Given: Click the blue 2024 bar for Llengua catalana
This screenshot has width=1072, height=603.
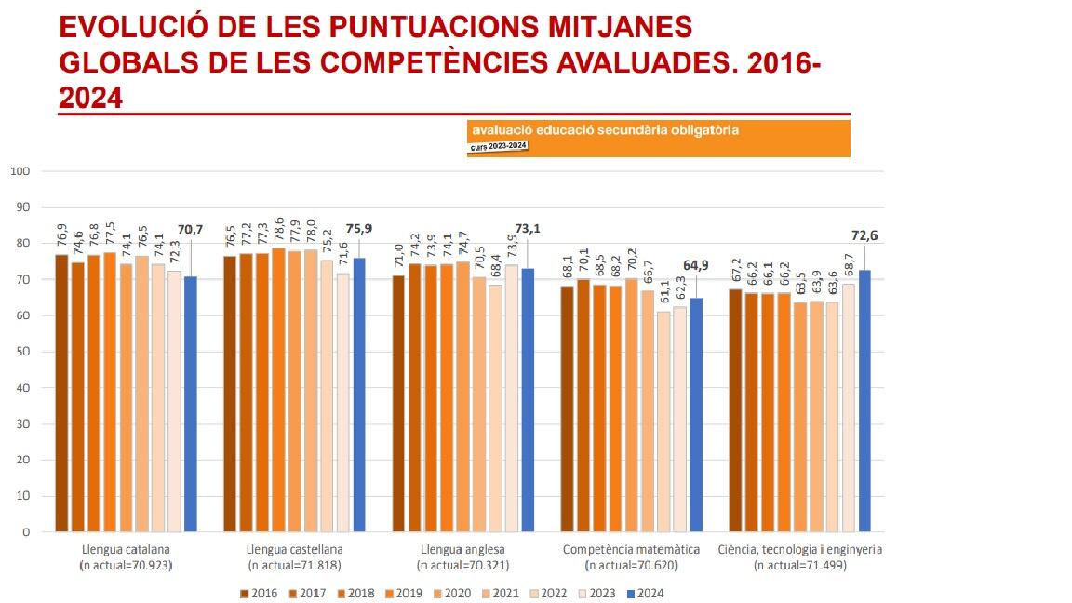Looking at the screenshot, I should pyautogui.click(x=190, y=404).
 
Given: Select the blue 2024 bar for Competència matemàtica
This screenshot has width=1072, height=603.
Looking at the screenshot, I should pyautogui.click(x=696, y=414).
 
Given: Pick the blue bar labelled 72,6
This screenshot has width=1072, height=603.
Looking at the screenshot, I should pyautogui.click(x=864, y=400).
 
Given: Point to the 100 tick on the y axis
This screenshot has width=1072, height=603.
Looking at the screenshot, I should pyautogui.click(x=22, y=171).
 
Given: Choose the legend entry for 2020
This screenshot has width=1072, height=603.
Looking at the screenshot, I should pyautogui.click(x=451, y=593).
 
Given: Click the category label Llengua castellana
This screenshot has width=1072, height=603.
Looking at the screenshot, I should pyautogui.click(x=295, y=549).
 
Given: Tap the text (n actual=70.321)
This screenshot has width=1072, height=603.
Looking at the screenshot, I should pyautogui.click(x=463, y=565).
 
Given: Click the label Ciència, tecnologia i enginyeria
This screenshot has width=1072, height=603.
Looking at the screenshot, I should pyautogui.click(x=800, y=549).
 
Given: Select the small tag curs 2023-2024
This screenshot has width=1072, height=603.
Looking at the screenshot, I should pyautogui.click(x=499, y=146).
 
